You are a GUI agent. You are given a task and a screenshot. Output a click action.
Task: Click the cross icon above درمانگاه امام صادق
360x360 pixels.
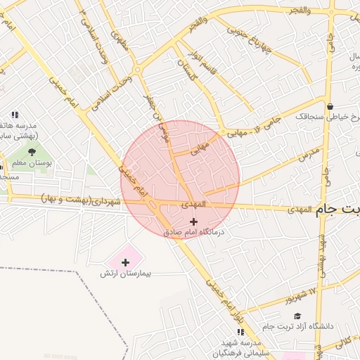point(194,221)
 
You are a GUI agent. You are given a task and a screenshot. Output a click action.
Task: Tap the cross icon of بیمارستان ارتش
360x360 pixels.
point(125,262)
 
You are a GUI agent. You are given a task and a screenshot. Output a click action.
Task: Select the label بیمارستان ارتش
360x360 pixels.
point(126,273)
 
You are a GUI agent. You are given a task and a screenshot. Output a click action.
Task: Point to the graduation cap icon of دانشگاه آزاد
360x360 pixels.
point(297,316)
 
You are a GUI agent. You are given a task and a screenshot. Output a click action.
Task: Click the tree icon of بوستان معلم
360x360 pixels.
point(31,150)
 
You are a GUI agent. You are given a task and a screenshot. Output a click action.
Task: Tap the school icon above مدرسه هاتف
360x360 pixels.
point(13,115)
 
